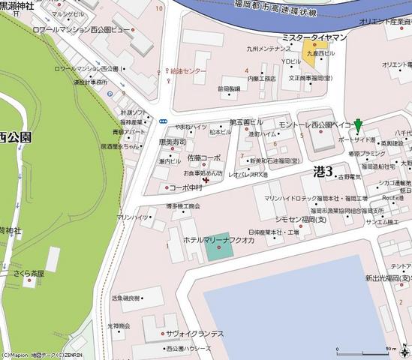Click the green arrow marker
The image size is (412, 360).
(359, 125)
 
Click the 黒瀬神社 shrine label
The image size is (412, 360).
(17, 6)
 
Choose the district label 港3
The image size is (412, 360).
(322, 171)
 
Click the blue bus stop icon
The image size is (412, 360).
(163, 118)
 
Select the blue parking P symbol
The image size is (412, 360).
(110, 94)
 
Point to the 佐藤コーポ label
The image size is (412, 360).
(204, 158)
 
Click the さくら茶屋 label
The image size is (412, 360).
(29, 274)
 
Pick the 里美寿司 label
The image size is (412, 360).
(172, 142)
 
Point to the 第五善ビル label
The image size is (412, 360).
(246, 122)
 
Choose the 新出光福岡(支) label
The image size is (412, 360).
(389, 277)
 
